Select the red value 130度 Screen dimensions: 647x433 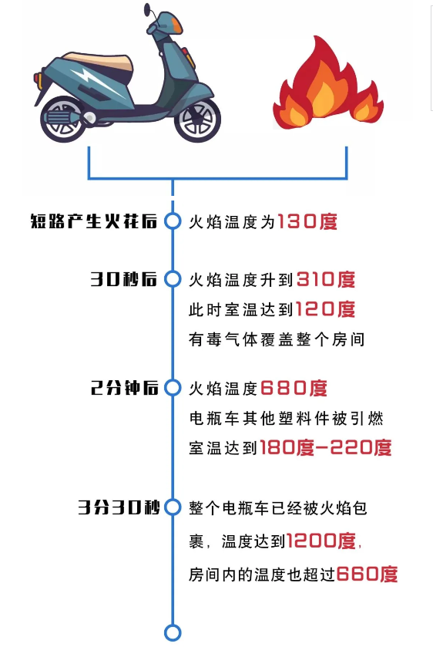coord(307,222)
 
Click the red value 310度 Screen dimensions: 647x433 coord(326,280)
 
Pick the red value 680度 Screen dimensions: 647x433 coord(294,388)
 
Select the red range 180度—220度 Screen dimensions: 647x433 coord(326,447)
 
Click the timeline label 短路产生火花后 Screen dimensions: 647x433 coord(94,222)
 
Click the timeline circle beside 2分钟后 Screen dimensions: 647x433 coord(173,388)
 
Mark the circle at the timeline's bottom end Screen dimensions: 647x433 coord(173,632)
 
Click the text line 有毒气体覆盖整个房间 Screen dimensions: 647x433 coord(276,339)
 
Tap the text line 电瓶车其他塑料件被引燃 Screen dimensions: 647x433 coord(286,418)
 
